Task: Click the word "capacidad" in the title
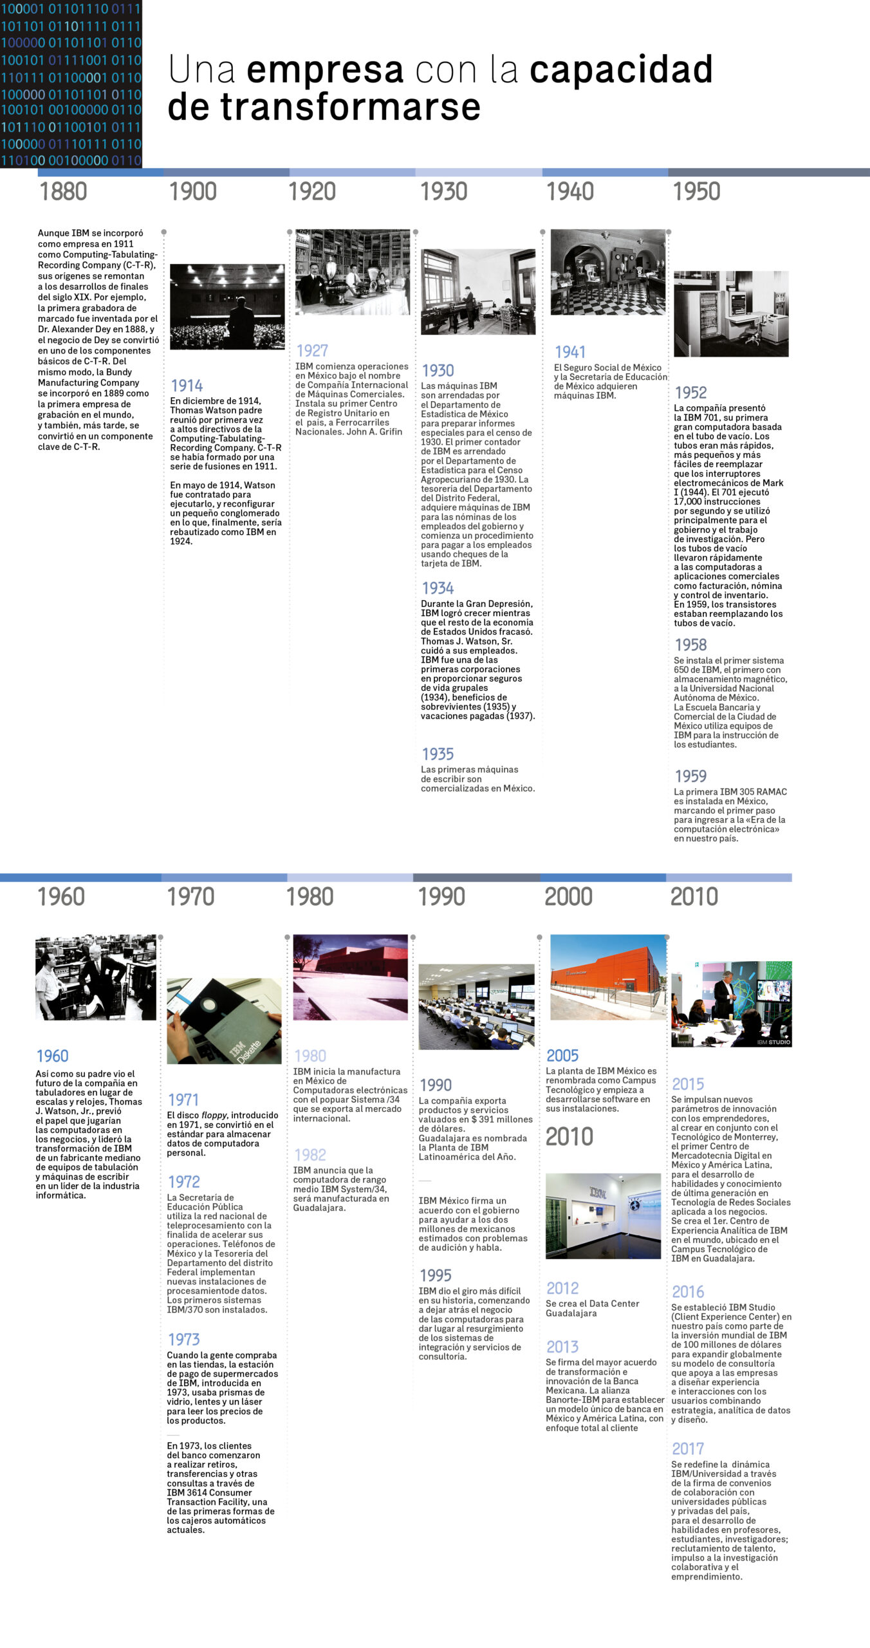pos(620,70)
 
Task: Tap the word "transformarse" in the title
pos(351,107)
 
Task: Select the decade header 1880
pos(63,192)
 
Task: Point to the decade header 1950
pos(696,192)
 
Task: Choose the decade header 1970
pos(190,897)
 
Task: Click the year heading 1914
pos(187,386)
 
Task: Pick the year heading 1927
pos(312,351)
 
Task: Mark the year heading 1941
pos(570,352)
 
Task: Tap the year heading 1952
pos(690,393)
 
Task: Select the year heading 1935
pos(438,754)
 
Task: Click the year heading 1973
pos(183,1340)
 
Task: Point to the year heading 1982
pos(310,1155)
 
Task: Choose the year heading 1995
pos(436,1275)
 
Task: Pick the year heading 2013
pos(562,1347)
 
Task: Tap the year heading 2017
pos(688,1448)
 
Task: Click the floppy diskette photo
pos(224,1021)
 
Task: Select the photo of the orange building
pos(608,977)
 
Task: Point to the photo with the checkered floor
pos(607,272)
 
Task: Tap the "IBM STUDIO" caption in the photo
pos(773,1042)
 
